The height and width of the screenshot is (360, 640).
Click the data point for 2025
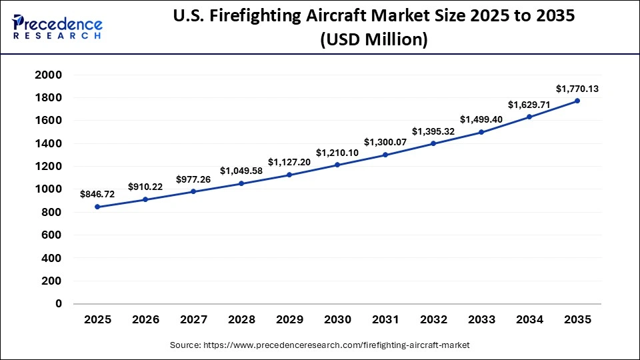[97, 207]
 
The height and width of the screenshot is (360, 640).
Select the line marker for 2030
[337, 165]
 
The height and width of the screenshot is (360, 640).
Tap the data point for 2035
[577, 101]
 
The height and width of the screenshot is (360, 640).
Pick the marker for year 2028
[241, 183]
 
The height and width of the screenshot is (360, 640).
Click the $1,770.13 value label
[577, 89]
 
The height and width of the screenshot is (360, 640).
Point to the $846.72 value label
[97, 194]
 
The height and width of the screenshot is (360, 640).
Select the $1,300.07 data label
[385, 142]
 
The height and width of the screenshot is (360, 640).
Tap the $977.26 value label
[193, 179]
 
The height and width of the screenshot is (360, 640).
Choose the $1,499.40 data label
[481, 119]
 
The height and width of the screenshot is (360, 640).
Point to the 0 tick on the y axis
[59, 303]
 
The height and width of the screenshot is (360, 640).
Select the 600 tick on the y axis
[51, 235]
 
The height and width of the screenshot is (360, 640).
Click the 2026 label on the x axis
[145, 320]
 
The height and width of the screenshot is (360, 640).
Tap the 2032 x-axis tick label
[433, 320]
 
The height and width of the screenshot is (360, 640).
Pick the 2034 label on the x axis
[529, 320]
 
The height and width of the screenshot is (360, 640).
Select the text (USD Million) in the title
[373, 40]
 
